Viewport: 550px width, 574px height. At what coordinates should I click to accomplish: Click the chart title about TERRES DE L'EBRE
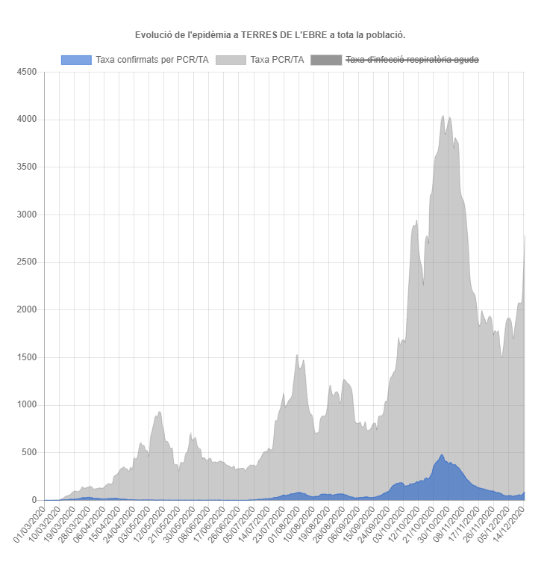tap(270, 35)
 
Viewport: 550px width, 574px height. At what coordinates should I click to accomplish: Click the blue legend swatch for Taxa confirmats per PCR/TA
tap(75, 60)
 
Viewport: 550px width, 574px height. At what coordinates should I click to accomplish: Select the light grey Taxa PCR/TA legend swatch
tap(231, 60)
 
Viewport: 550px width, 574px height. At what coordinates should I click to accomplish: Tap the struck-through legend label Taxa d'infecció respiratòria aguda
tap(412, 60)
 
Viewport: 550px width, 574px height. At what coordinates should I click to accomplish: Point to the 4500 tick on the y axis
tap(26, 72)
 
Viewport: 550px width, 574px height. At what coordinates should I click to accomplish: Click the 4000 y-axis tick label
tap(26, 120)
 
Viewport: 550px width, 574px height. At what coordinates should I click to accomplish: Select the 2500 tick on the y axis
tap(26, 262)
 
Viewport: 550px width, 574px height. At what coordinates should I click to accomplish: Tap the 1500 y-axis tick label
tap(26, 357)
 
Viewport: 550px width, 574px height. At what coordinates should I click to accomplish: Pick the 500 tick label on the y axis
tap(28, 453)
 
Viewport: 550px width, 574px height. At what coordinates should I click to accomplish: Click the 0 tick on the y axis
tap(34, 500)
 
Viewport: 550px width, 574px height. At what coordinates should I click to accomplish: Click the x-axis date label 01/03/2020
tap(28, 524)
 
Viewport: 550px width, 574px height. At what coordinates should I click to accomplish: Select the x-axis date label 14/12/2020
tap(508, 524)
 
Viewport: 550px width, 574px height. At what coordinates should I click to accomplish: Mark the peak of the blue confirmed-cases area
tap(442, 455)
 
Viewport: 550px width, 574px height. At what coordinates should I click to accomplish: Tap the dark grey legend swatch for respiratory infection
tap(325, 60)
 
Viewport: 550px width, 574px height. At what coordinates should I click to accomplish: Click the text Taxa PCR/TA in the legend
tap(277, 60)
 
